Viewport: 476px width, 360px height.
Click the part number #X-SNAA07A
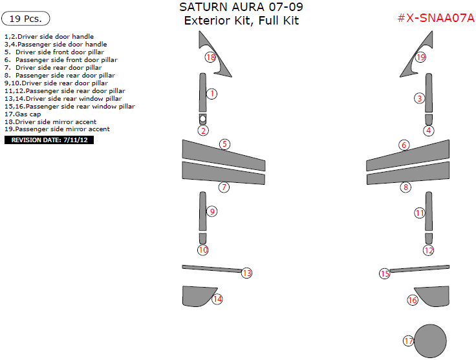click(435, 18)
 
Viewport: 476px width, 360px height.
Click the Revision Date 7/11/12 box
click(49, 140)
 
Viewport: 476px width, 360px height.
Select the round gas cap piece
click(430, 340)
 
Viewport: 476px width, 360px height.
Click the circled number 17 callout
click(408, 341)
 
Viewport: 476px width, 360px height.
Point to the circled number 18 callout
click(210, 57)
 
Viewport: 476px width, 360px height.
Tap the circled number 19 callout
click(420, 57)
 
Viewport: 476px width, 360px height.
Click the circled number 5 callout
click(224, 144)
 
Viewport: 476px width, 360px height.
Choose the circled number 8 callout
click(406, 187)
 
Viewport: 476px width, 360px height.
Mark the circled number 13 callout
click(246, 273)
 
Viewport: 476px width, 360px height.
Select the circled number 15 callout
click(385, 274)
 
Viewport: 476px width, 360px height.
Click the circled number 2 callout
click(203, 131)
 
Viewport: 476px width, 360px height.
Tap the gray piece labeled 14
click(195, 296)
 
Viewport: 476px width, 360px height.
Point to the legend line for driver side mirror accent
click(50, 122)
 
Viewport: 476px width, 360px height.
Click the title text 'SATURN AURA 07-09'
click(241, 7)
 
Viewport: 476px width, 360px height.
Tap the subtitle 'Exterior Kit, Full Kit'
click(241, 21)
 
